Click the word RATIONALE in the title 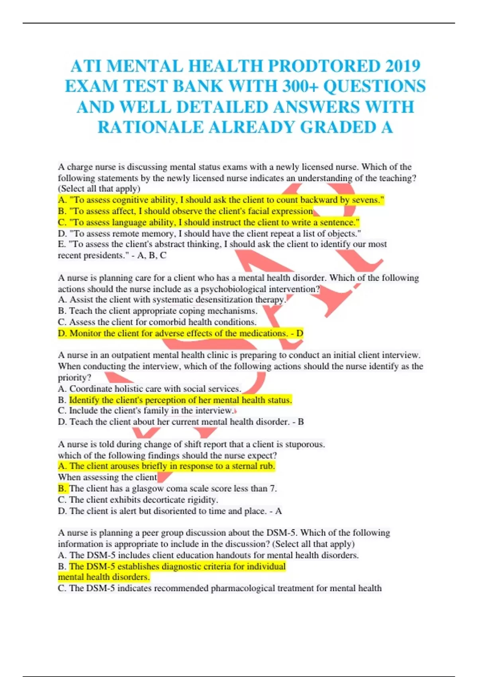151,127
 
